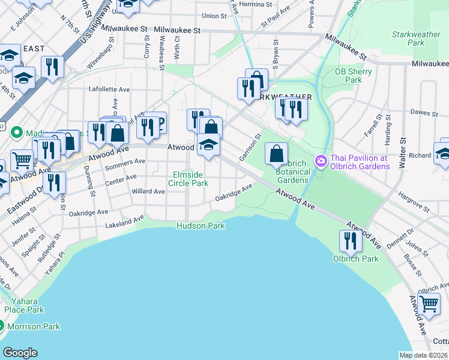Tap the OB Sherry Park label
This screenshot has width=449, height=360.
(x=354, y=76)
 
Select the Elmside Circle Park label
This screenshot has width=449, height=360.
(x=190, y=179)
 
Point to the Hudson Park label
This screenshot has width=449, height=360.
(x=200, y=226)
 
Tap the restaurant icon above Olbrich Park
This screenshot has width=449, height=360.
(x=350, y=241)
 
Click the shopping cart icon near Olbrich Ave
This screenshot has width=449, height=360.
(x=429, y=304)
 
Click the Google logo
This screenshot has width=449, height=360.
(x=20, y=353)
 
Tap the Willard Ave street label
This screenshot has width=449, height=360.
(x=148, y=191)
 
